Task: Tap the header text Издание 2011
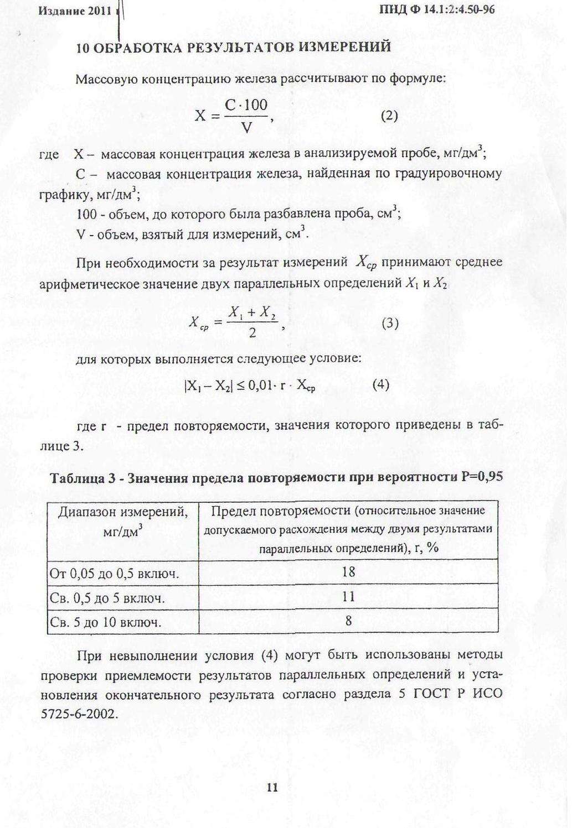click(x=76, y=11)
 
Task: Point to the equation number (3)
click(x=390, y=324)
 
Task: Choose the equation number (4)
click(x=380, y=384)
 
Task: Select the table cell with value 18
click(x=348, y=572)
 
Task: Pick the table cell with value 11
click(x=348, y=597)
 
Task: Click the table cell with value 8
click(x=348, y=621)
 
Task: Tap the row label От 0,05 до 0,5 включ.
click(x=114, y=574)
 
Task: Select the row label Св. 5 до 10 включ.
click(x=106, y=622)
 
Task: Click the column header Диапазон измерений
click(x=123, y=512)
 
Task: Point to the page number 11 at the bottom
click(x=272, y=788)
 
